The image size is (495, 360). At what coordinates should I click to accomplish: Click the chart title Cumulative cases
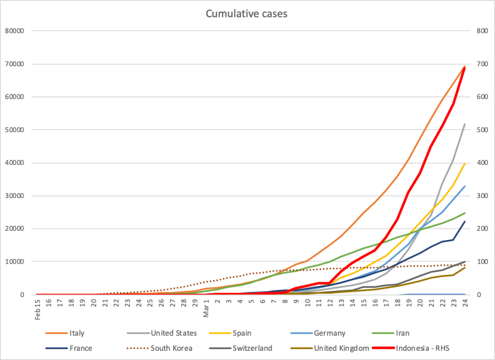(x=247, y=14)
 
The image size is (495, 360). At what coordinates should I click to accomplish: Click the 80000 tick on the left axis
(x=14, y=31)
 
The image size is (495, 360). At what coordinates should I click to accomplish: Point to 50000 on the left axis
(x=14, y=130)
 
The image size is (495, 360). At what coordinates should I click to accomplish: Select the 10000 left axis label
(x=14, y=262)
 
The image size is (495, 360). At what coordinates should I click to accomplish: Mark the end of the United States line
(x=465, y=124)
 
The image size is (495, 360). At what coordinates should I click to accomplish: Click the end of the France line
(x=465, y=222)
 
